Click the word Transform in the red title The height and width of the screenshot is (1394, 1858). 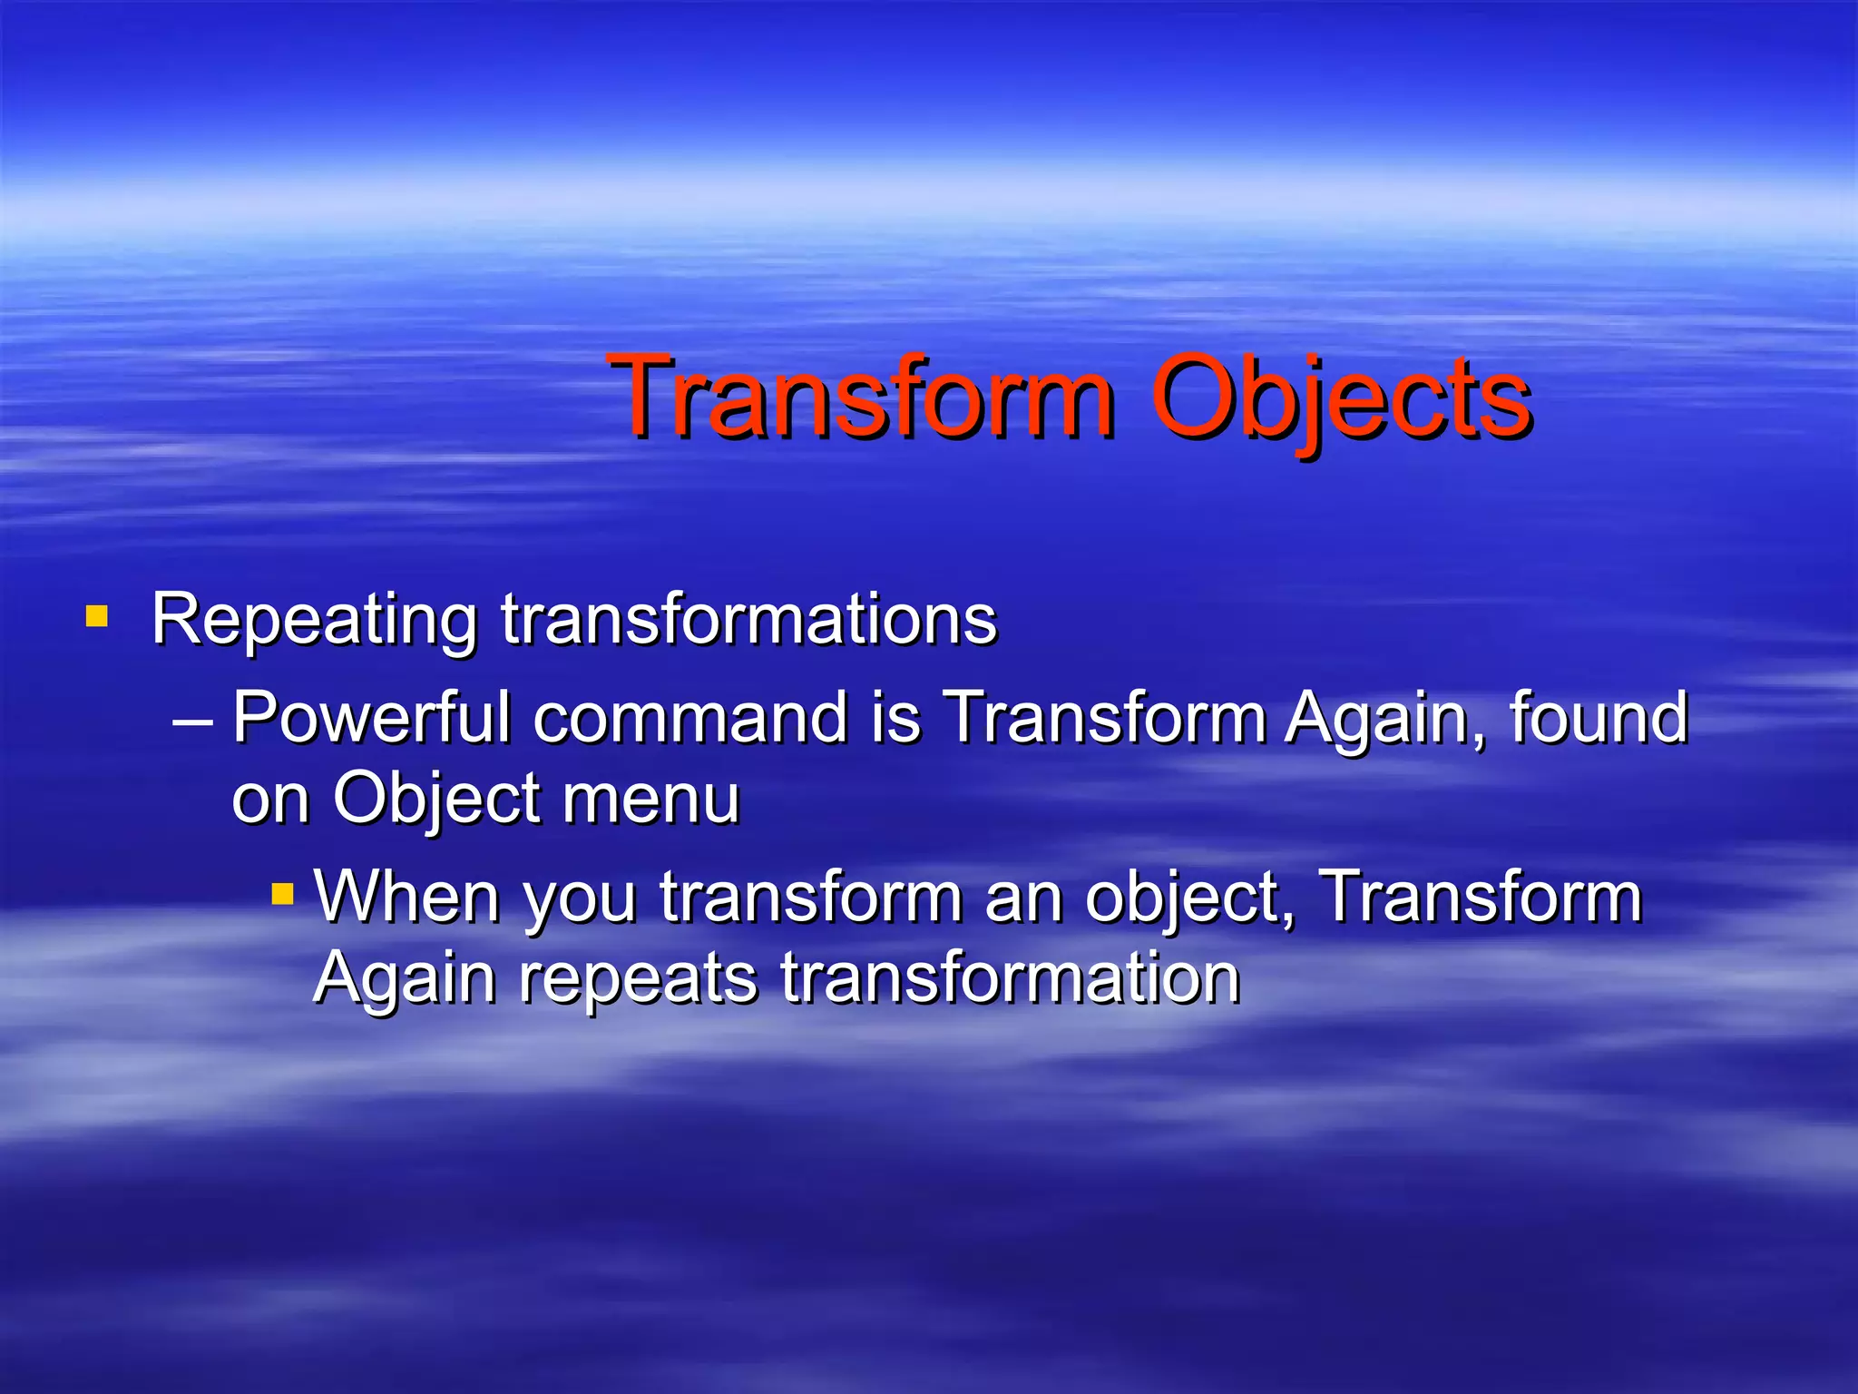[862, 398]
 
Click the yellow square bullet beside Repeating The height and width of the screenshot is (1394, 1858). [96, 618]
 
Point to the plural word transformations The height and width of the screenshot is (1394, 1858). [748, 620]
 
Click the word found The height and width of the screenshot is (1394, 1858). [1599, 718]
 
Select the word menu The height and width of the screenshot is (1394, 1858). [650, 800]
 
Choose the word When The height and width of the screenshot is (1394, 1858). [407, 897]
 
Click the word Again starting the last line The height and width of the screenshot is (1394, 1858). [405, 980]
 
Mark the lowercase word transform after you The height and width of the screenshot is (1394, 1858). [810, 897]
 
